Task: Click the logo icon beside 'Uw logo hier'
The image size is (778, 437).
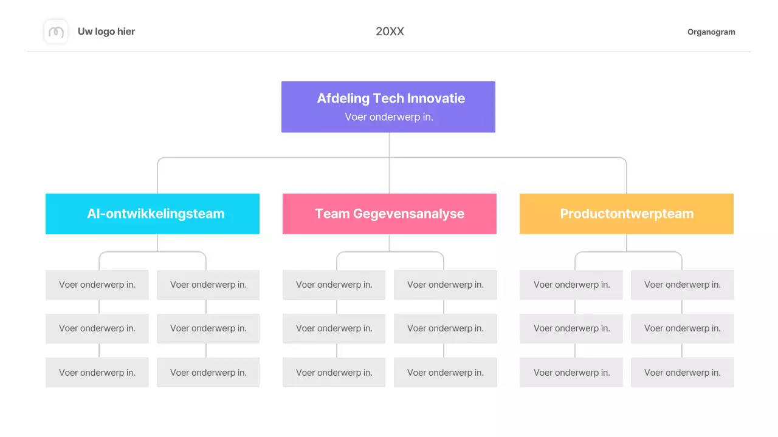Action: pos(56,32)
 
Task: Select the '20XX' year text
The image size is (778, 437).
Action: pos(390,32)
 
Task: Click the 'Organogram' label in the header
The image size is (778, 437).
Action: pos(711,32)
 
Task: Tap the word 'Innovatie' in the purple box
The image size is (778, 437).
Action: pos(436,98)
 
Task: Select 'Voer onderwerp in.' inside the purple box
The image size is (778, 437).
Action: pos(389,117)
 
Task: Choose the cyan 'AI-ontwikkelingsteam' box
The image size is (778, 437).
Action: pos(153,214)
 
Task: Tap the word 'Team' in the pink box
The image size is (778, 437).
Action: pos(331,214)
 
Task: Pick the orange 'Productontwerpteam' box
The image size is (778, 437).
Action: pos(627,214)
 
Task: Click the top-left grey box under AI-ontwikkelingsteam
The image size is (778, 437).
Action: pos(97,285)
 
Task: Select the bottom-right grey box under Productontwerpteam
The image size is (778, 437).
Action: pos(683,373)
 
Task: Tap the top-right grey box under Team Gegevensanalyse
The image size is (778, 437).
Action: pos(446,285)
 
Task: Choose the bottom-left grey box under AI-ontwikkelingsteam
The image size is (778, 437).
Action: pos(97,373)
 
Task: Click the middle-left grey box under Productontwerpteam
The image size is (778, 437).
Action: pos(571,328)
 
